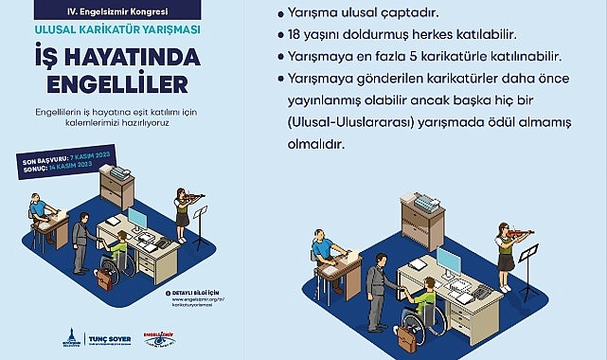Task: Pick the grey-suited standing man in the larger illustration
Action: (376, 290)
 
